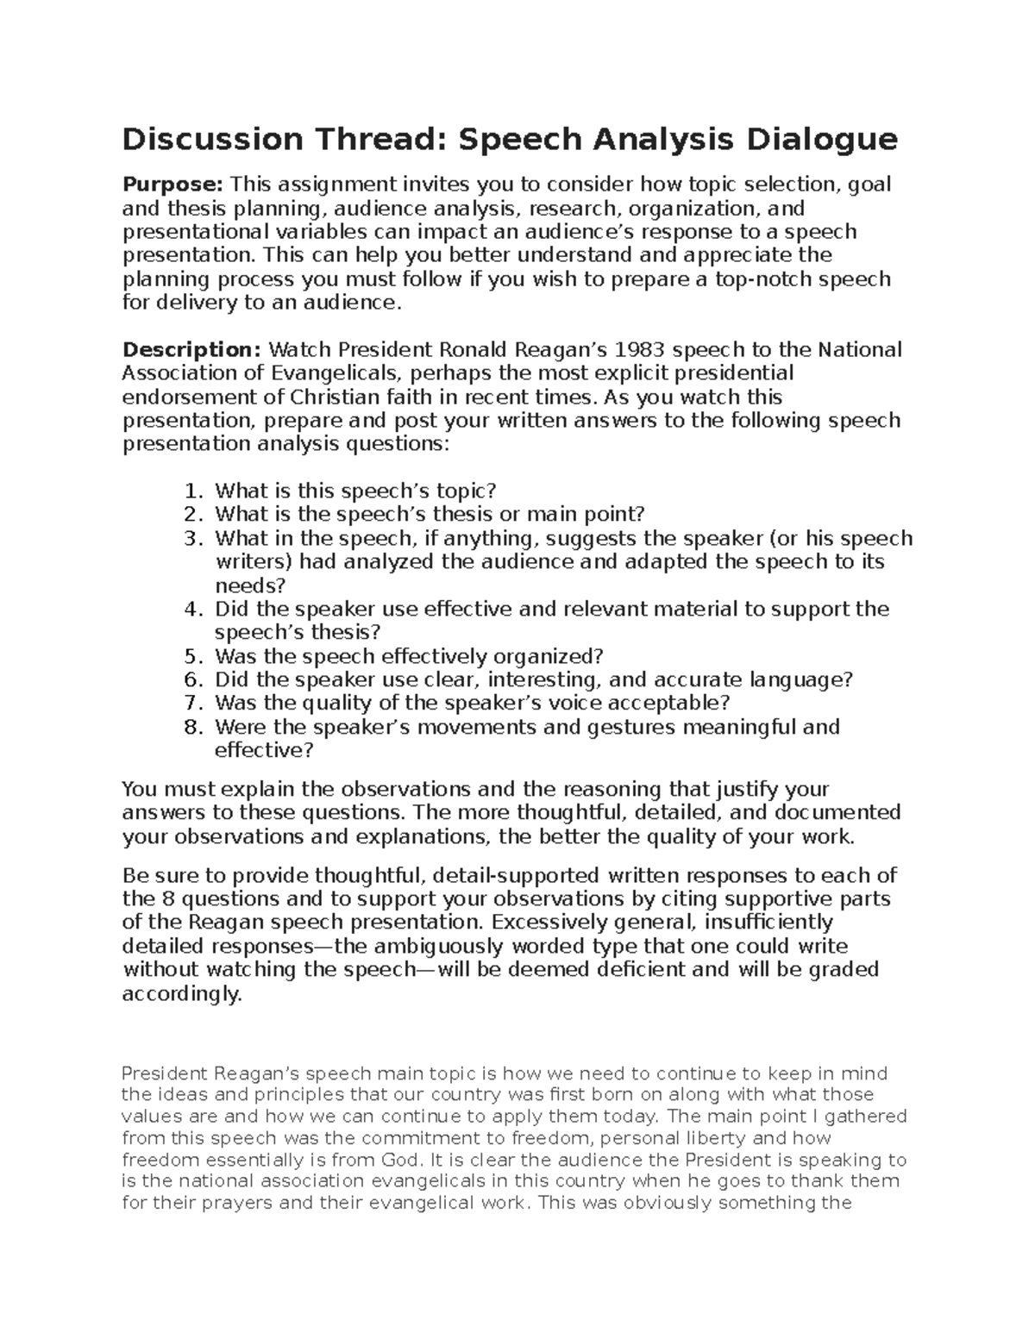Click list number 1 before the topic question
coord(192,491)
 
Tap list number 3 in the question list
coord(192,539)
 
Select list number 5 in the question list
coord(192,656)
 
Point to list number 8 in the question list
coord(192,728)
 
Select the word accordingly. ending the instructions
coord(183,994)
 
